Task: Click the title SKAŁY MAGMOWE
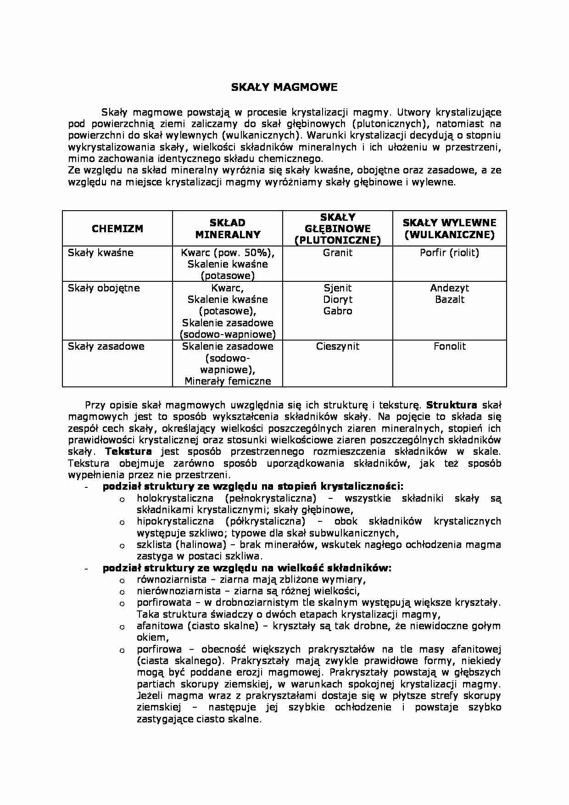pos(284,87)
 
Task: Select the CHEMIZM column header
pos(117,229)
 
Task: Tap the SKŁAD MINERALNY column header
pos(228,229)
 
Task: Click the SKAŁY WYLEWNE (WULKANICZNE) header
pos(449,229)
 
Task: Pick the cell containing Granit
pos(338,252)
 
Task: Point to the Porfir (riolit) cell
pos(449,252)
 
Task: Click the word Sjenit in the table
pos(338,288)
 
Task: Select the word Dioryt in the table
pos(338,299)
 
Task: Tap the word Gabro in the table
pos(338,311)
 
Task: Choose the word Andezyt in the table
pos(449,288)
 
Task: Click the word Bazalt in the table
pos(449,299)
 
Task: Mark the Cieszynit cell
pos(338,346)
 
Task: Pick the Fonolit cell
pos(449,346)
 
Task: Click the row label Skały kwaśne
pos(100,252)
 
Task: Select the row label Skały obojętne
pos(104,288)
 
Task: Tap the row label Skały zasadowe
pos(106,346)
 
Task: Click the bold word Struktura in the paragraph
pos(452,405)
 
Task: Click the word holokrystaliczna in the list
pos(175,498)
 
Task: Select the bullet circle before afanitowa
pos(122,627)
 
